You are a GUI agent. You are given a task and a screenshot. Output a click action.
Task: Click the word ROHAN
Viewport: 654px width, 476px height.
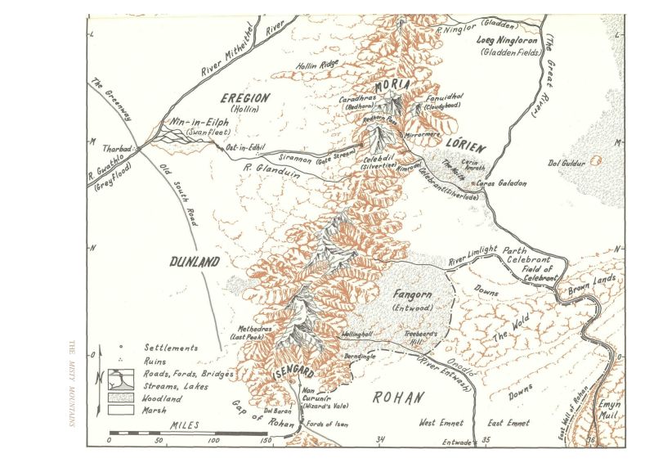click(399, 398)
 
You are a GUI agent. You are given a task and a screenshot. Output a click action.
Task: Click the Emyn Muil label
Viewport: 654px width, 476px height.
click(610, 411)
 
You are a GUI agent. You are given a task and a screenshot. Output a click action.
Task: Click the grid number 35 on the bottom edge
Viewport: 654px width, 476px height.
click(486, 440)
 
